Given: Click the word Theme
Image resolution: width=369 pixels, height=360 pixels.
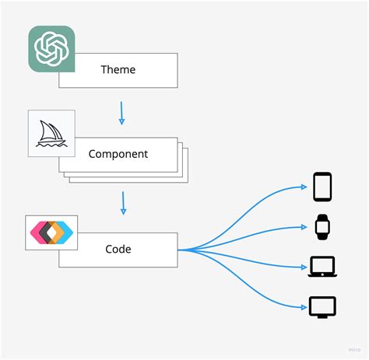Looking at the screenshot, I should tap(118, 70).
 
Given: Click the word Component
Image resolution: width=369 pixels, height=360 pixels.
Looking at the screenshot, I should tap(118, 153).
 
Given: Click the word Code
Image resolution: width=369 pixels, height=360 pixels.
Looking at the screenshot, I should tap(118, 249).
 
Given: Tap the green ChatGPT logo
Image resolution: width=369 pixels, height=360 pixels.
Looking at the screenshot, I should tap(51, 49).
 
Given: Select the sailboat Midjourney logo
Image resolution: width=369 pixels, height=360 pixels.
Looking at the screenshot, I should tap(51, 133).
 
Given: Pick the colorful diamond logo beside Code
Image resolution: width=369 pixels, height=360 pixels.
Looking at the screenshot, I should tap(51, 232).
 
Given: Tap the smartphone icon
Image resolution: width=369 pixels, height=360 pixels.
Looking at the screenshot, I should tap(322, 187).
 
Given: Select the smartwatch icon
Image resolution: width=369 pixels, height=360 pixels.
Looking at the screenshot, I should tap(322, 226).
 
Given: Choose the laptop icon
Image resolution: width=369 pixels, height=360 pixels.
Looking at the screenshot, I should tap(322, 267).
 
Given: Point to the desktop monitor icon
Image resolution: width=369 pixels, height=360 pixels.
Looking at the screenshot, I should tap(322, 306).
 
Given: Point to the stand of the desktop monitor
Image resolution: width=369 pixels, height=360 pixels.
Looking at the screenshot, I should tap(322, 315).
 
